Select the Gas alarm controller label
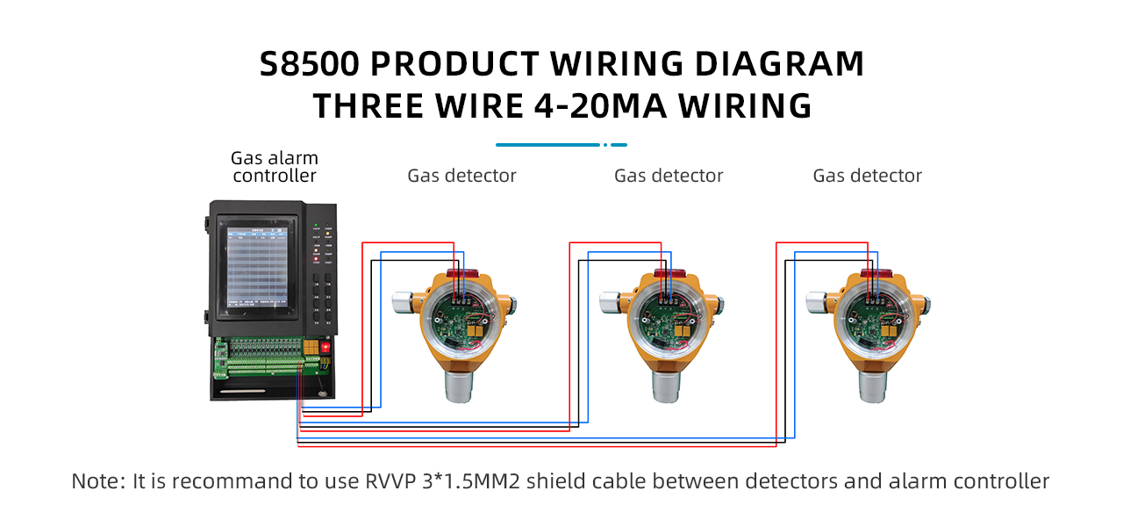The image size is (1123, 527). pyautogui.click(x=275, y=167)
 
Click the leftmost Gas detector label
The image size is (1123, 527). pyautogui.click(x=461, y=176)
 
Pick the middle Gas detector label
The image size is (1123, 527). pyautogui.click(x=669, y=176)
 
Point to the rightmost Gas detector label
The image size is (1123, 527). pyautogui.click(x=868, y=176)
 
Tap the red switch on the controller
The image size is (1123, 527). pyautogui.click(x=325, y=347)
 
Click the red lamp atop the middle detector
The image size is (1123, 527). pyautogui.click(x=664, y=274)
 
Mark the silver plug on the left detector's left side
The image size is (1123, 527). pyautogui.click(x=403, y=302)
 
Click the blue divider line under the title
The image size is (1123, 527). pyautogui.click(x=561, y=145)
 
